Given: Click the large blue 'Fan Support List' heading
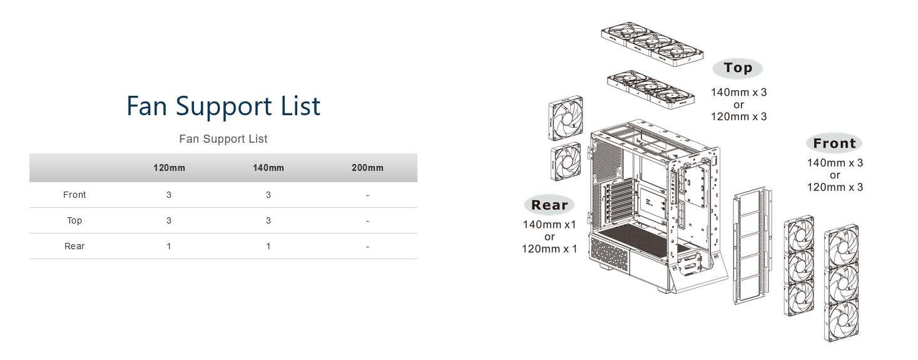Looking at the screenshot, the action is (223, 106).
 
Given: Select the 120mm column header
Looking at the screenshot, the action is (169, 168).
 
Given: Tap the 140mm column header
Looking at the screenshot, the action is (268, 168).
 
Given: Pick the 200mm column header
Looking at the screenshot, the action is (367, 168).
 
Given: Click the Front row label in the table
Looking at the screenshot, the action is (74, 195).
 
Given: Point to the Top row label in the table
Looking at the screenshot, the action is (74, 220).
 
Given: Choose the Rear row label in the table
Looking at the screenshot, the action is (74, 246).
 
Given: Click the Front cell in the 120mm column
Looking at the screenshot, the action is (169, 195).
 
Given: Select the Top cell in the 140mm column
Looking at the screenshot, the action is (268, 220).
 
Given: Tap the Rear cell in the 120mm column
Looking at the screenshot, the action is (169, 246).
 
